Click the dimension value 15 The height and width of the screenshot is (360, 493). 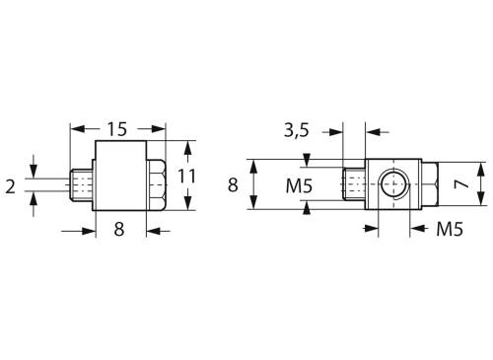coord(118,129)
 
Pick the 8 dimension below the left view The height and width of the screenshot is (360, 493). coord(119,231)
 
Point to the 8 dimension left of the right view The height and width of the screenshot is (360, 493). coord(234,183)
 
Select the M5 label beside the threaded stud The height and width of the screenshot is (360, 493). coord(302,184)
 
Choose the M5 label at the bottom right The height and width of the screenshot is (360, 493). coord(450,230)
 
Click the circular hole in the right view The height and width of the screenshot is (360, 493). coord(391,183)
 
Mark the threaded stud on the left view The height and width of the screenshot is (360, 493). coord(85,183)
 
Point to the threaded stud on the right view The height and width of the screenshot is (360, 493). coord(353,183)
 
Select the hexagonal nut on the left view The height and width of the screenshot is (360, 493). coord(157,183)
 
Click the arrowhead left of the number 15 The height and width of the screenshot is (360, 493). coord(78,128)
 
